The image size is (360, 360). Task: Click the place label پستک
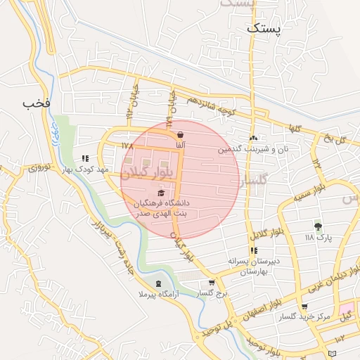tap(264, 29)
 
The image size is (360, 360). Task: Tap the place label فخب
tap(37, 103)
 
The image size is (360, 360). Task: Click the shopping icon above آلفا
tap(181, 134)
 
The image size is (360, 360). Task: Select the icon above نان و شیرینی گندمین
tap(253, 138)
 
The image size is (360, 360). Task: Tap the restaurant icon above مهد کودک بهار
tap(86, 158)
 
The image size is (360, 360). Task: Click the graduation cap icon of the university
tap(161, 193)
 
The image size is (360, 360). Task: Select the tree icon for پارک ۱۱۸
tap(318, 226)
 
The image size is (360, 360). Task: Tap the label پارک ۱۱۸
tap(318, 238)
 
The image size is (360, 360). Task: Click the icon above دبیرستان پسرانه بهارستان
tap(253, 250)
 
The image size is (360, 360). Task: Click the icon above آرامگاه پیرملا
tap(158, 283)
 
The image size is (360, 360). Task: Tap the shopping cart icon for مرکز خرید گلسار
tap(304, 307)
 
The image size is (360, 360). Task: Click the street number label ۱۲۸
tap(127, 146)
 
